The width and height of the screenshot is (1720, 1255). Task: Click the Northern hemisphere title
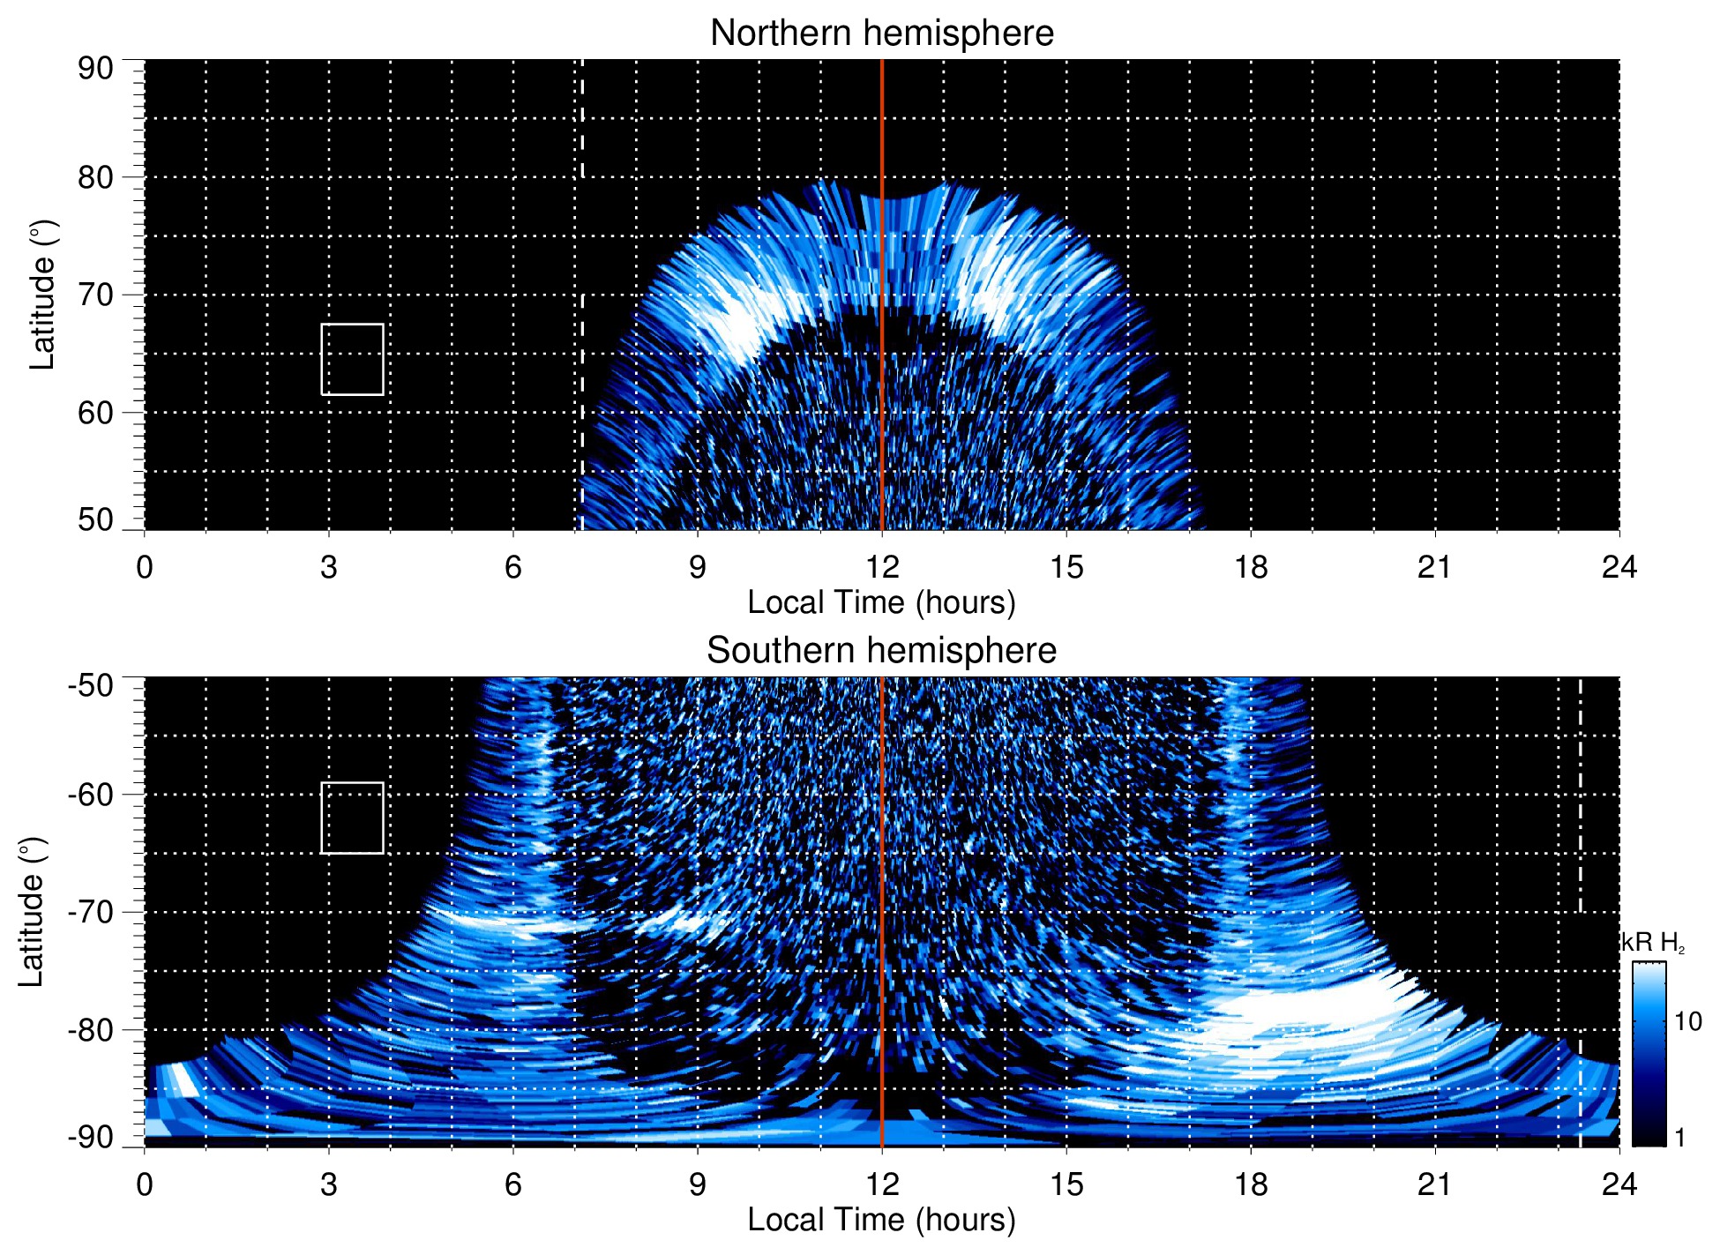881,34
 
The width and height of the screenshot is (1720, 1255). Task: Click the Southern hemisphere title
881,651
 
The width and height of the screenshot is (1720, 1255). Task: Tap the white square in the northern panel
352,359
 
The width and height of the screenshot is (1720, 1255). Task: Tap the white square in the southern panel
352,818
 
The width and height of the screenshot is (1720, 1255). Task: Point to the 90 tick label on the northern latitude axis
95,69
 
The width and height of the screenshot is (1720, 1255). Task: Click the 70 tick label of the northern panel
95,295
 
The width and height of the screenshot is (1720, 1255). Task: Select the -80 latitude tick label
91,1029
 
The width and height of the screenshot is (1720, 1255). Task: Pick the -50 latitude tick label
91,685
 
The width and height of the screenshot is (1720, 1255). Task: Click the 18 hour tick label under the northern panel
1251,567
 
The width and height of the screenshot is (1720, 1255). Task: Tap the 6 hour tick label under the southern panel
512,1184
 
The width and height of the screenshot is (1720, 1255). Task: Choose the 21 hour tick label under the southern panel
1435,1184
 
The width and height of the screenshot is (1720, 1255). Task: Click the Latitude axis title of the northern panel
42,295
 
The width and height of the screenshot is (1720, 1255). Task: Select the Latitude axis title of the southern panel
32,912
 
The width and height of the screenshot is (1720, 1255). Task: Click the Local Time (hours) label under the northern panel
881,602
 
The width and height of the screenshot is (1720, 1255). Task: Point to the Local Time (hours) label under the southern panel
881,1220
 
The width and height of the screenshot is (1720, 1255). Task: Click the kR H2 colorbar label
1653,943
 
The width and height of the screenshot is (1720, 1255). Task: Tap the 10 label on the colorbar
1687,1021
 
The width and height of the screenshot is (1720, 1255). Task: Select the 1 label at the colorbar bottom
1679,1138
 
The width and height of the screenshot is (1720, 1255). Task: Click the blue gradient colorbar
1648,1054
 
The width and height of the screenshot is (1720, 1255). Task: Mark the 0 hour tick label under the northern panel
145,567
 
